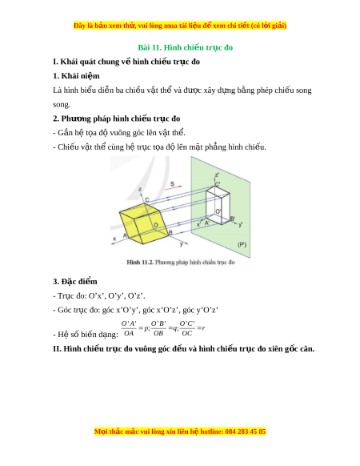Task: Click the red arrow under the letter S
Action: click(176, 187)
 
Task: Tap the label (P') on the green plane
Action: click(242, 244)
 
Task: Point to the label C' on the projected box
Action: click(218, 184)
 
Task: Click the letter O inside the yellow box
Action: click(156, 225)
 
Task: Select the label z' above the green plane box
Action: click(217, 175)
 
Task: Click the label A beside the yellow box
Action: click(125, 235)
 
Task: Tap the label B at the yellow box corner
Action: click(170, 232)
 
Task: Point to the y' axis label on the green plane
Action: click(240, 224)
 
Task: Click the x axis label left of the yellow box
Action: click(114, 239)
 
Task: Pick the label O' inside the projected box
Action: click(218, 211)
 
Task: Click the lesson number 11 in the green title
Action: click(156, 47)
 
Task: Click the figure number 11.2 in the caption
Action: click(147, 262)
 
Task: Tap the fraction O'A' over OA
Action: click(129, 328)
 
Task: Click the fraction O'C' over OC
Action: click(187, 328)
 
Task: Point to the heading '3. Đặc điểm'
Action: click(75, 282)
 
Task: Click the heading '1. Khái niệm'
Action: click(76, 76)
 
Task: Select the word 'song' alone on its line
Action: click(62, 105)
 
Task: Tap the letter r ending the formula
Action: click(203, 328)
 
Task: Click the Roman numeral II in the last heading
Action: click(57, 348)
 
